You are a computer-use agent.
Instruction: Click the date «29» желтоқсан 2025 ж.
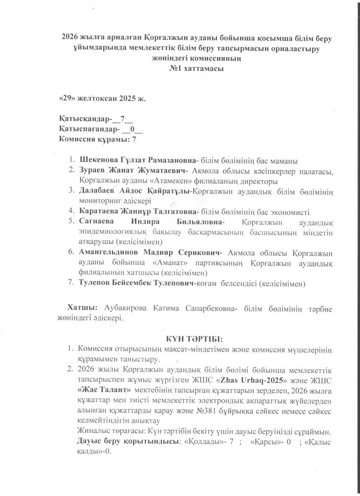(x=102, y=98)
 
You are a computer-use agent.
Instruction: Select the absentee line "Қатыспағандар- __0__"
(x=100, y=129)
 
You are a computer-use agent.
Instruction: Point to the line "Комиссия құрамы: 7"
(x=97, y=139)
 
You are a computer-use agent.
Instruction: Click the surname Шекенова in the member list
(x=98, y=160)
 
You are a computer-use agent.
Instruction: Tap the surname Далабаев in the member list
(x=97, y=190)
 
